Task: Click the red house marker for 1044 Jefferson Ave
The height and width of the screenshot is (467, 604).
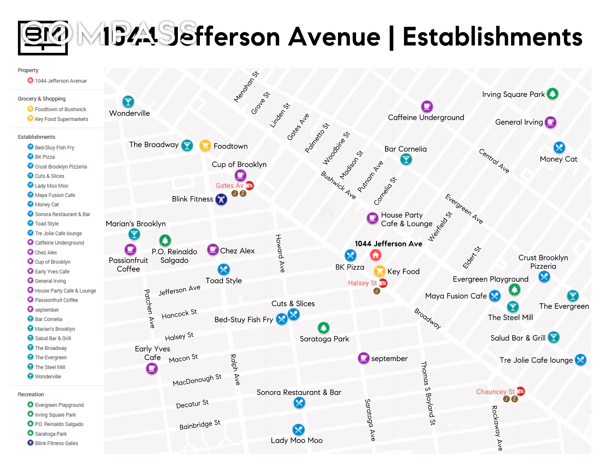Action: pos(375,255)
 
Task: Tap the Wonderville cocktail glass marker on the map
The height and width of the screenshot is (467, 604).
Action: pos(128,102)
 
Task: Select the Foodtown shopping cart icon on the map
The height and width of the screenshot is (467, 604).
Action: pos(205,145)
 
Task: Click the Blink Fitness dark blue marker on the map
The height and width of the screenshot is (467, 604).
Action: pos(221,199)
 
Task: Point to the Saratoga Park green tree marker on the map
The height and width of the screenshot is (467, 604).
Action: pos(323,328)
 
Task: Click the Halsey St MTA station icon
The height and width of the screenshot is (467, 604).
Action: pos(383,283)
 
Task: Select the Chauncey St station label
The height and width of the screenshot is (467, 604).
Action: pos(495,392)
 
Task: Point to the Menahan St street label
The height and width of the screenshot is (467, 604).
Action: pos(246,87)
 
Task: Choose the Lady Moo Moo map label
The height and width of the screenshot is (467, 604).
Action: pos(296,440)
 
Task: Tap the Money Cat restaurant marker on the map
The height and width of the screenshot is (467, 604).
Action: pos(559,147)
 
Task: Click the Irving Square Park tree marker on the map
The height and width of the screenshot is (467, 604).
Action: pos(552,94)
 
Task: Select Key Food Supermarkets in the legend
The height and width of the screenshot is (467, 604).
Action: pos(61,119)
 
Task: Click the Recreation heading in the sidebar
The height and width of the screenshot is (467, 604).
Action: pos(31,394)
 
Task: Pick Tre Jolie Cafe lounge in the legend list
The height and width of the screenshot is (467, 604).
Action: pos(58,233)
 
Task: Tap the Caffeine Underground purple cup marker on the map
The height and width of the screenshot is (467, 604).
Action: pos(427,106)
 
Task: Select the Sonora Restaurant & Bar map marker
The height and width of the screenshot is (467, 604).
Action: pos(299,403)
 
